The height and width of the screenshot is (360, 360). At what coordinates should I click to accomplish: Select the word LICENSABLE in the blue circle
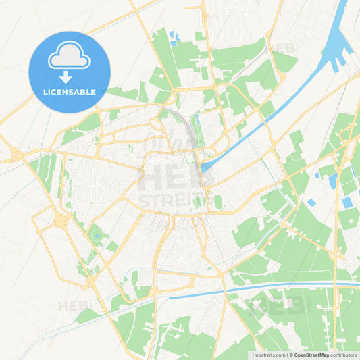[70, 92]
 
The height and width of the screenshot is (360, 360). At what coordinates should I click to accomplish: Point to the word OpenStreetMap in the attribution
[313, 355]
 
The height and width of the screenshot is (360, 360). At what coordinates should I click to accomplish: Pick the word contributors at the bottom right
[344, 355]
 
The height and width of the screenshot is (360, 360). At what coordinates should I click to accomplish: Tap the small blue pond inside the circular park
[97, 235]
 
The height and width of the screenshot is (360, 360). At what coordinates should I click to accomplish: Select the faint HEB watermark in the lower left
[73, 306]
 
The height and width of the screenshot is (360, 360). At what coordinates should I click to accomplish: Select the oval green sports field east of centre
[218, 201]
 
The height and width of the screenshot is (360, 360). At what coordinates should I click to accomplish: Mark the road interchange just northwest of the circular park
[63, 220]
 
